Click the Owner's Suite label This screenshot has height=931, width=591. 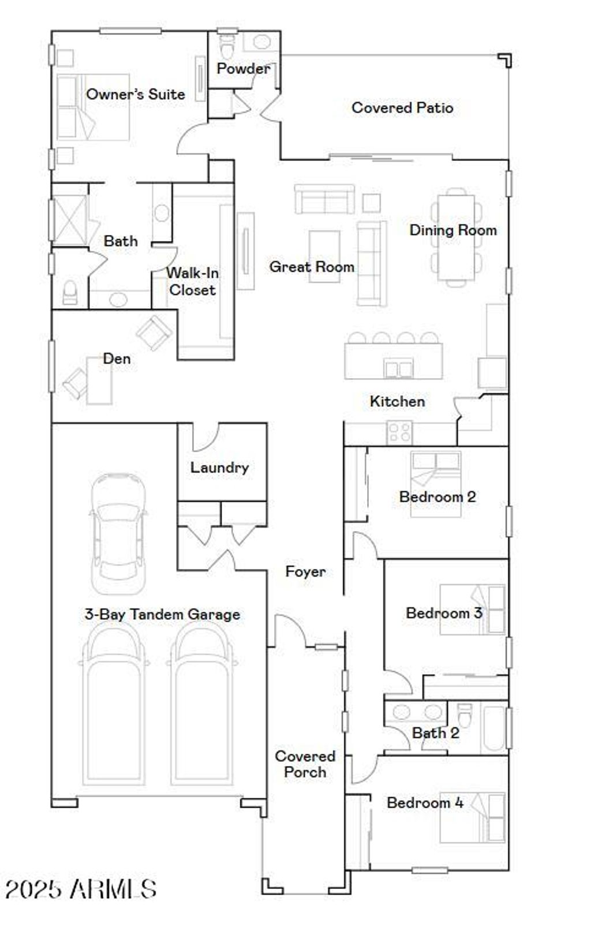pos(136,94)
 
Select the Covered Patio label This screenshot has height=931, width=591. pos(402,108)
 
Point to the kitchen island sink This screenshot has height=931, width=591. pos(398,368)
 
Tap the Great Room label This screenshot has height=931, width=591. pos(312,267)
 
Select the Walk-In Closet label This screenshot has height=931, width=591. pos(192,282)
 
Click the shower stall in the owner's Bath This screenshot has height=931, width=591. pos(69,218)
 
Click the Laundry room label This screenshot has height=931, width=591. pos(219,468)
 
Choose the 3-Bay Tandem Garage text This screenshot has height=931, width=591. pos(162,615)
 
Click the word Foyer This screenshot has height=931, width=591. pos(305,572)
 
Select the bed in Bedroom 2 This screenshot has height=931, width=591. pos(436,484)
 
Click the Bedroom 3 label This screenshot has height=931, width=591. pos(444,613)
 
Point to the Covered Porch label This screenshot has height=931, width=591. pos(305,764)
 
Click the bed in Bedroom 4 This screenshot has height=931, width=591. pos(472,817)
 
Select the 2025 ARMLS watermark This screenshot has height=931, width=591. pos(81,889)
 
